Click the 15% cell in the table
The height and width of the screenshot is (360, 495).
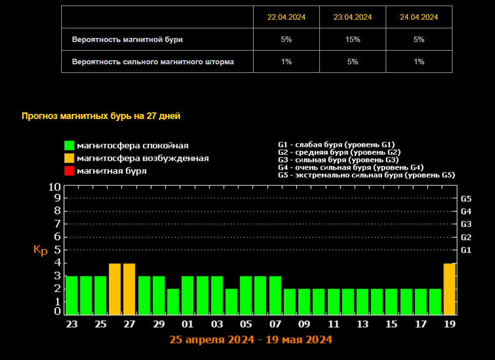(353, 39)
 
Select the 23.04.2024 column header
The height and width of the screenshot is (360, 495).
(353, 17)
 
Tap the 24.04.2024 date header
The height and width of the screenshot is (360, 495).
(419, 17)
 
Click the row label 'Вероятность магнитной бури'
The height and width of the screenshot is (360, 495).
(127, 39)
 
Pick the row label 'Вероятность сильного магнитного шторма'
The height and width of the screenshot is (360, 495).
(153, 62)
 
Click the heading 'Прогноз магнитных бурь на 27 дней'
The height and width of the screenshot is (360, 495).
(101, 116)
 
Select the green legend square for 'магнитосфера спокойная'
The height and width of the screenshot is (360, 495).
(69, 146)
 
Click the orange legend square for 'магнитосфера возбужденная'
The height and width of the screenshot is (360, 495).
(69, 158)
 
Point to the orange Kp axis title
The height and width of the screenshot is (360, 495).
(40, 250)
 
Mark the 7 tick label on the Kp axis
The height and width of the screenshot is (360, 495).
(58, 224)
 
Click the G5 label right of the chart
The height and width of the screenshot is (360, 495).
(466, 198)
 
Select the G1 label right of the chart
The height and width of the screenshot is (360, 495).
(466, 250)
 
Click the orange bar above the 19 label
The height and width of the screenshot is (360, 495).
(449, 289)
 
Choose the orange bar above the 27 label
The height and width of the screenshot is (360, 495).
(129, 289)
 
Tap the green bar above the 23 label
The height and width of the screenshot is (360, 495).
(71, 295)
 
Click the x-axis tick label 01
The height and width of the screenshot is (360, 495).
(187, 324)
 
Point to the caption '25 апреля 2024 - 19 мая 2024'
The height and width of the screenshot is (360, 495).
(251, 339)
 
